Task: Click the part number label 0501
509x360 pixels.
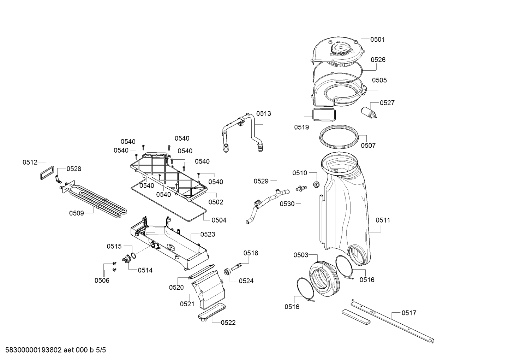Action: click(x=377, y=40)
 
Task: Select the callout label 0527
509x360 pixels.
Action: click(x=387, y=103)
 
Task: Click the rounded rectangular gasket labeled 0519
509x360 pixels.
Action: click(x=324, y=114)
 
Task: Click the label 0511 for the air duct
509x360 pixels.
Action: click(x=383, y=220)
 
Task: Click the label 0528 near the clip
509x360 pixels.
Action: click(x=74, y=169)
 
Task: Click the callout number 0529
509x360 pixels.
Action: click(x=261, y=181)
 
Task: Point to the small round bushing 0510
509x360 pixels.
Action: click(x=316, y=184)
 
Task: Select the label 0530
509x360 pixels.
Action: click(x=287, y=204)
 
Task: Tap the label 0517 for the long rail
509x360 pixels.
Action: click(x=409, y=313)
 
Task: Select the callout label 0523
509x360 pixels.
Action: click(x=208, y=234)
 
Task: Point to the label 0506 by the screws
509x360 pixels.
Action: click(x=102, y=281)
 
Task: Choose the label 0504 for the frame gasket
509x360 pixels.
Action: click(x=219, y=220)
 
